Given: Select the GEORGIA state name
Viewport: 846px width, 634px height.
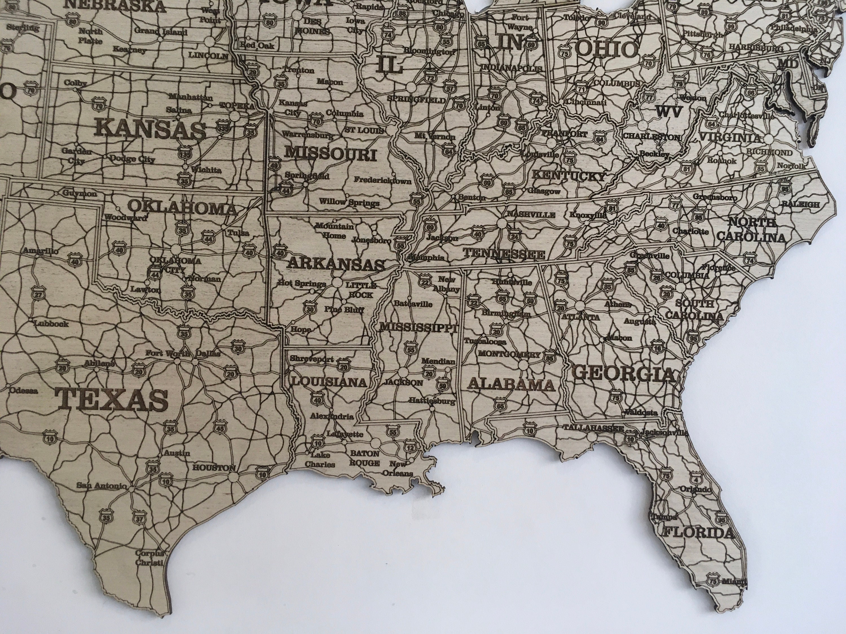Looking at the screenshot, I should (624, 373).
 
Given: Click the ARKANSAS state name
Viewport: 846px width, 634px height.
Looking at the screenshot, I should (335, 264).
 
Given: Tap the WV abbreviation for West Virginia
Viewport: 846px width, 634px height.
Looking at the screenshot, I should (669, 112).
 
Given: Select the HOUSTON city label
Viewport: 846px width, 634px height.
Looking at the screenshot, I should (214, 467).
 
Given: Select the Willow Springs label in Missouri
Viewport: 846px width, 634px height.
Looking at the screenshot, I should (349, 202).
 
